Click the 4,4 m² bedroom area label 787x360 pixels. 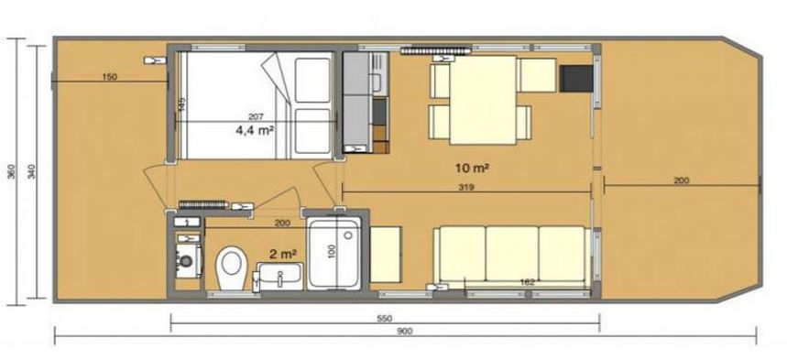(x=256, y=130)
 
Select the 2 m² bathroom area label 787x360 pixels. (x=282, y=253)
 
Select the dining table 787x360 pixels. (x=483, y=98)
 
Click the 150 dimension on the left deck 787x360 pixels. (x=109, y=78)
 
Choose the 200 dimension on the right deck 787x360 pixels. (x=681, y=181)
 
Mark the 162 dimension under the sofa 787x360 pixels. (x=526, y=282)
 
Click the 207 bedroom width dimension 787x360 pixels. (x=256, y=116)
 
